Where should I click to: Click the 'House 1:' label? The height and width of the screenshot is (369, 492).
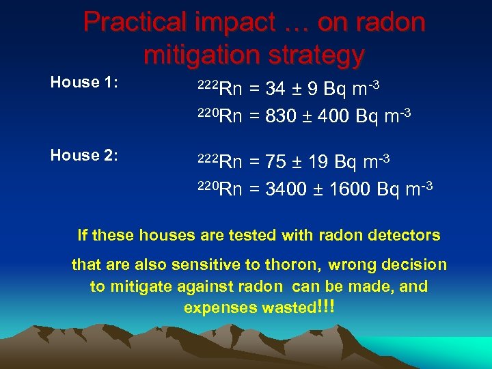pyautogui.click(x=85, y=83)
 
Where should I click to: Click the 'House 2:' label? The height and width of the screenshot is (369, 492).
pyautogui.click(x=85, y=156)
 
